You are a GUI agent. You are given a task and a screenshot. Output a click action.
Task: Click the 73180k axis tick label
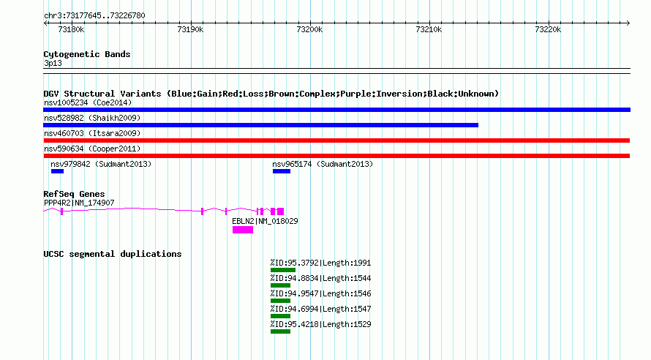point(71,29)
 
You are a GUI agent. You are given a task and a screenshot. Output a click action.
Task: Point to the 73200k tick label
point(309,29)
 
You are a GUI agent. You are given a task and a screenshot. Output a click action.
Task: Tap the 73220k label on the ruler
point(548,29)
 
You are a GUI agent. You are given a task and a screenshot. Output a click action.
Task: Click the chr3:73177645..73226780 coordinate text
point(94,16)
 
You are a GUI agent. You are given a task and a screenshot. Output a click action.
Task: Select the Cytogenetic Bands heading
point(87,54)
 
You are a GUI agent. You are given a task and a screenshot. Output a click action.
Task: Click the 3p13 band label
point(53,63)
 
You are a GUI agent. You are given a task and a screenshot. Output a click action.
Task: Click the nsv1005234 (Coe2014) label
point(88,102)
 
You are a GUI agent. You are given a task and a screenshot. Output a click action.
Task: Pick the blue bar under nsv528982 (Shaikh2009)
point(260,125)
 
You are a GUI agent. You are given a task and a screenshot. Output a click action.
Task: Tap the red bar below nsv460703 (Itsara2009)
point(336,140)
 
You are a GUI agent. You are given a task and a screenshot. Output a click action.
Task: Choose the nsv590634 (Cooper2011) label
point(92,149)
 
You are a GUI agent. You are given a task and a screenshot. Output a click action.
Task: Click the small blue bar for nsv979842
point(57,171)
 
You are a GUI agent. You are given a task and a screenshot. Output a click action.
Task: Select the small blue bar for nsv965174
point(282,171)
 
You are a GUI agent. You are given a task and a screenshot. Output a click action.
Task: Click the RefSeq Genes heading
point(74,194)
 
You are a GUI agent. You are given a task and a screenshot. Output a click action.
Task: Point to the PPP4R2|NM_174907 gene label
point(79,203)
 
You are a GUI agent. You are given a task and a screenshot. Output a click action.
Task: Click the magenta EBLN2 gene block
point(243,230)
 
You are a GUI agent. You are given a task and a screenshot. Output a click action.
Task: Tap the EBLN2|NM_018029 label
point(265,221)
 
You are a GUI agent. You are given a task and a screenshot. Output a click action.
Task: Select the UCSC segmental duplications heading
point(113,254)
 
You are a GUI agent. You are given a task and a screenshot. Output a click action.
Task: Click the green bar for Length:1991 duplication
point(283,270)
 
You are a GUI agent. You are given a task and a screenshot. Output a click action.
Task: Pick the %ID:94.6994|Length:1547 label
point(320,309)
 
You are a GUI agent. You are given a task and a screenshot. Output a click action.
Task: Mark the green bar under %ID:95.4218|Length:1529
point(280,331)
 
